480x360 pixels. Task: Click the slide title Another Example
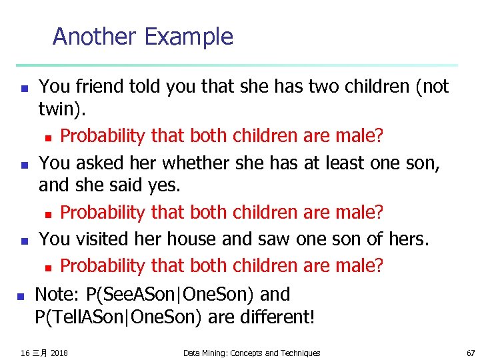[x=143, y=36]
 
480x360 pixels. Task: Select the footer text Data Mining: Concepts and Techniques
[x=251, y=353]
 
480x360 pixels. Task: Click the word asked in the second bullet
[x=95, y=163]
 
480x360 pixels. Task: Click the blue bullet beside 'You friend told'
[x=23, y=87]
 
